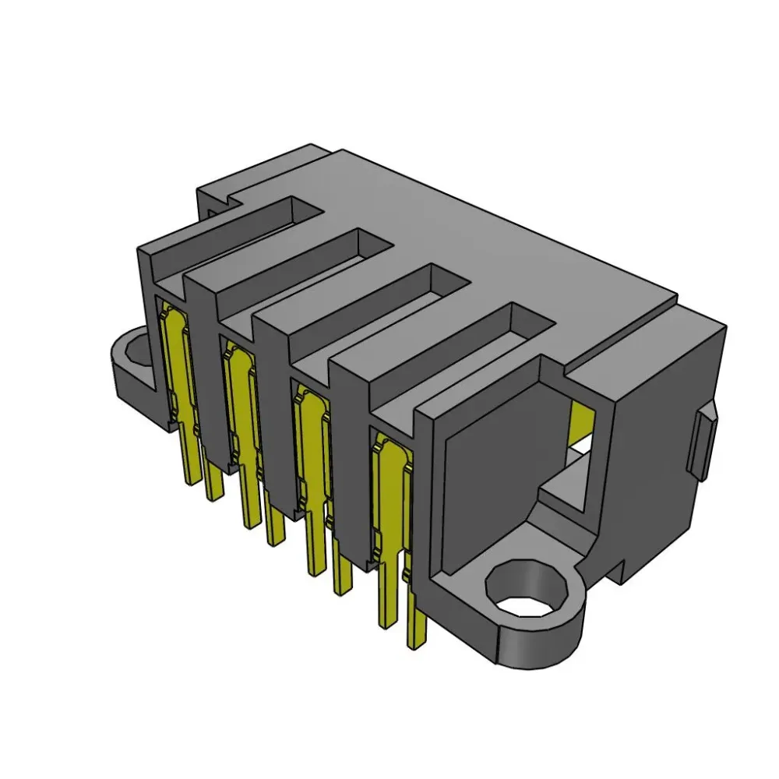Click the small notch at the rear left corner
[214, 201]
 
